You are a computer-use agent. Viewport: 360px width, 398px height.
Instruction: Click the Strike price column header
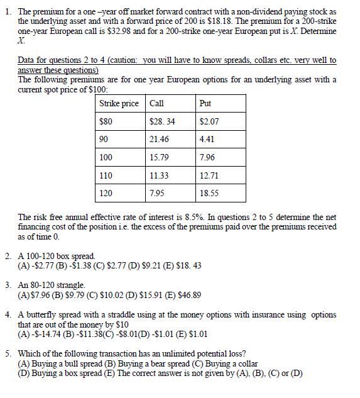[x=119, y=103]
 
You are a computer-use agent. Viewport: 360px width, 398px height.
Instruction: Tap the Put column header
[x=205, y=103]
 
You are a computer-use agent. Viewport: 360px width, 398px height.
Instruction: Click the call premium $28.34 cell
[x=163, y=121]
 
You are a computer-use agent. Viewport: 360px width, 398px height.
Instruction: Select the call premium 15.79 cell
[x=160, y=157]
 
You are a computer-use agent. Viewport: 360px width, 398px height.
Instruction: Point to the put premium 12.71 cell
[x=208, y=175]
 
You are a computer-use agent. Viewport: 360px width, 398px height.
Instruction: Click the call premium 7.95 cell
[x=157, y=193]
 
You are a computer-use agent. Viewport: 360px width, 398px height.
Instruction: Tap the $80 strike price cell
[x=106, y=121]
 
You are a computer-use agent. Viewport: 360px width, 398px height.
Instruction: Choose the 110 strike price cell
[x=106, y=175]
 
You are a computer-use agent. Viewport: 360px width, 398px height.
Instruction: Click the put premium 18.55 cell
[x=208, y=193]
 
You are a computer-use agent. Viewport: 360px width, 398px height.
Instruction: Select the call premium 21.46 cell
[x=160, y=138]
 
